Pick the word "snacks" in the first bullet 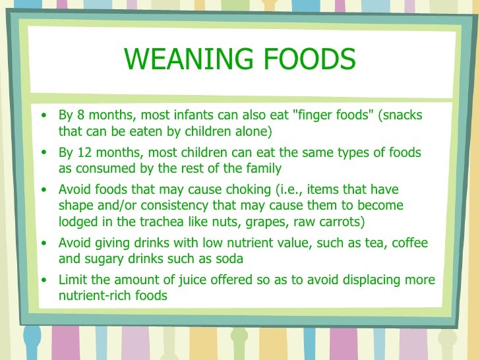click(404, 116)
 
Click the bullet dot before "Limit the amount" click(44, 280)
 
